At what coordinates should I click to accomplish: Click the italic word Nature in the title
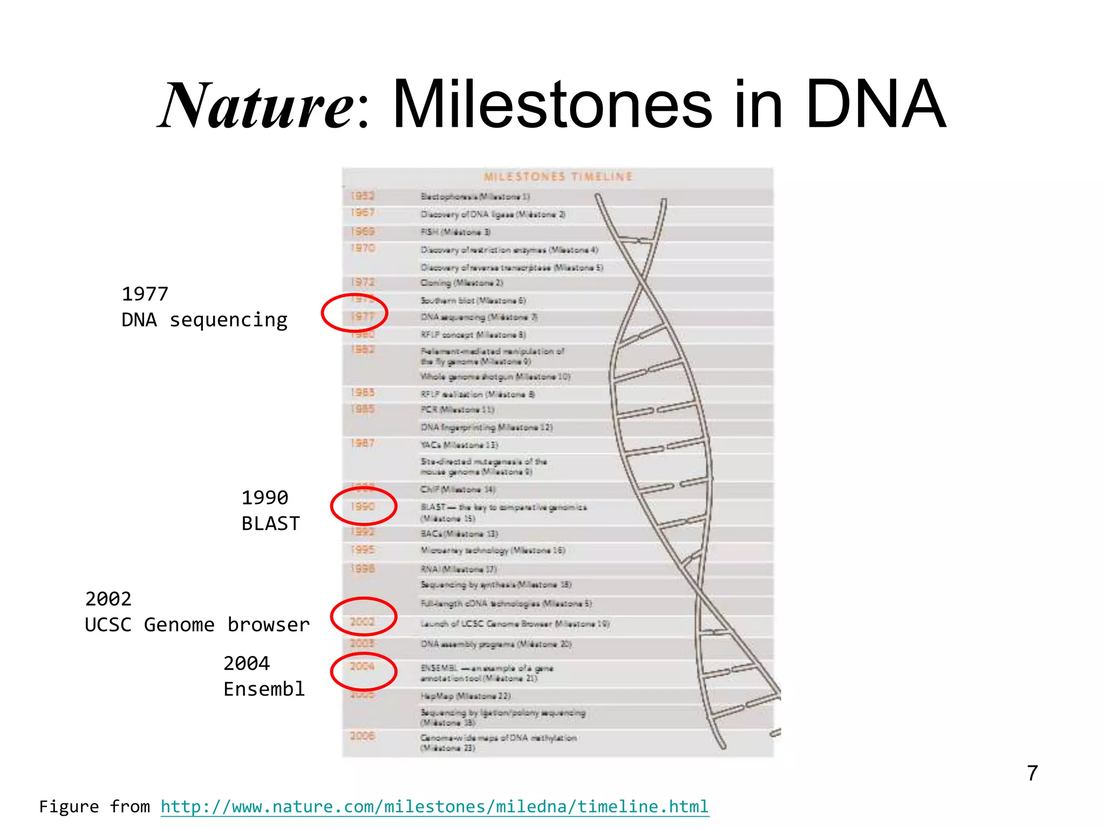pos(256,105)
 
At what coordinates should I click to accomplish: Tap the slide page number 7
pos(1032,773)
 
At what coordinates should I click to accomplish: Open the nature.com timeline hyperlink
pos(434,806)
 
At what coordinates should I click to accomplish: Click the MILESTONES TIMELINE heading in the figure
pos(557,177)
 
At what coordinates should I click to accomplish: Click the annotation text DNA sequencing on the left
pos(204,320)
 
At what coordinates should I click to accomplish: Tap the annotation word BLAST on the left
pos(270,523)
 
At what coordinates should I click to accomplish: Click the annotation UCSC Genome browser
pos(197,625)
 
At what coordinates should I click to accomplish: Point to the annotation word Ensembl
pos(264,689)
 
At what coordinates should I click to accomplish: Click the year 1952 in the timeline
pos(362,196)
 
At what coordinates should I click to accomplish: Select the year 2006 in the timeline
pos(362,736)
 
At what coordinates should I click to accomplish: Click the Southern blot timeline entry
pos(473,300)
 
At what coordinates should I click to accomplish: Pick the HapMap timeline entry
pos(465,696)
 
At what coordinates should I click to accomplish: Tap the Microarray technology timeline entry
pos(492,550)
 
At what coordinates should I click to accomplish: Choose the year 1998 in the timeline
pos(362,569)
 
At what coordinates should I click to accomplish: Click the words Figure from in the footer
pos(94,806)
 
